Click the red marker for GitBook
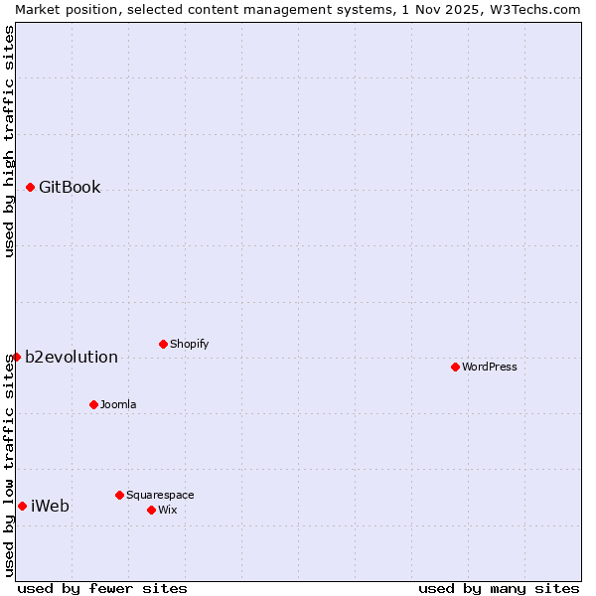coord(30,187)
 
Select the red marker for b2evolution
coord(16,357)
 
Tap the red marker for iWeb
coord(22,506)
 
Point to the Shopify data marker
coord(163,344)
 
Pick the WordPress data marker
coord(455,367)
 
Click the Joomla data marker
coord(93,404)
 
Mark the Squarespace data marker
coord(119,495)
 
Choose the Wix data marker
coord(151,510)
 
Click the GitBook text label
coord(70,187)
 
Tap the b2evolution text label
coord(72,357)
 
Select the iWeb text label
coord(51,506)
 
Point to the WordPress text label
coord(490,367)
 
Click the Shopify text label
coord(190,344)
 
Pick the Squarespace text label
coord(160,495)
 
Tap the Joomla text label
coord(118,404)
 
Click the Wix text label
coord(167,510)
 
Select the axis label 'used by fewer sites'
coord(102,588)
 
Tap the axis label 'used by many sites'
coord(499,588)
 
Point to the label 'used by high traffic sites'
coord(9,141)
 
